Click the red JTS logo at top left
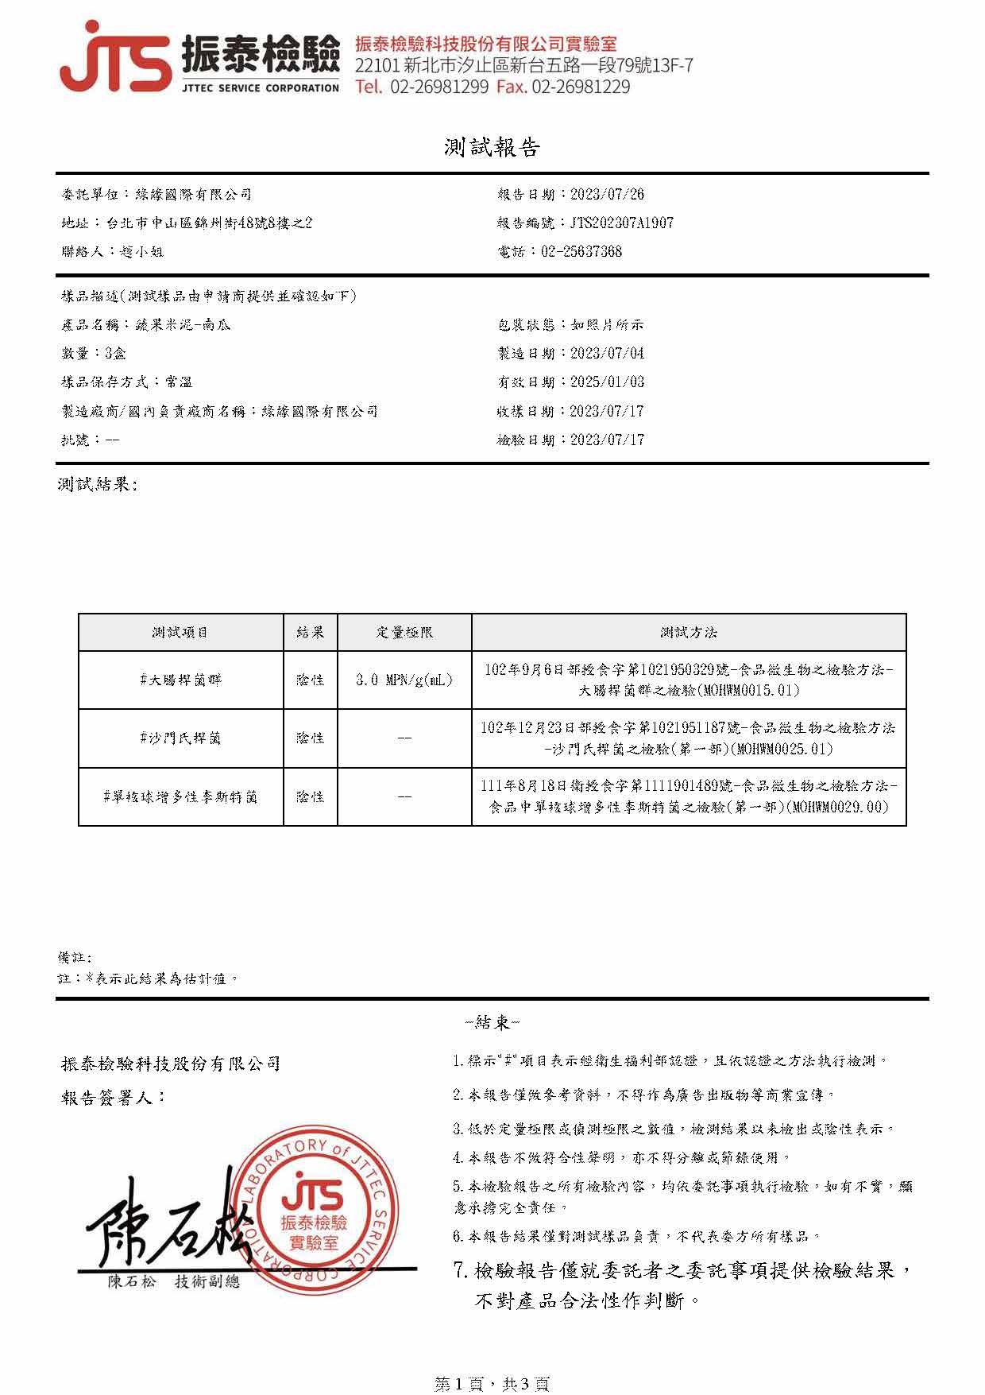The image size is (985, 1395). pyautogui.click(x=115, y=57)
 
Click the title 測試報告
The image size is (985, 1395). pyautogui.click(x=492, y=147)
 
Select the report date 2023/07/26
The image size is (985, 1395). pyautogui.click(x=607, y=194)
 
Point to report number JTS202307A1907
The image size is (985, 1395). pyautogui.click(x=621, y=223)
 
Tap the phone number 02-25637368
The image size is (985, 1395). pyautogui.click(x=581, y=251)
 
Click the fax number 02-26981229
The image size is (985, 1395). pyautogui.click(x=581, y=87)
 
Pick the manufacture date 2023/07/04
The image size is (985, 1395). pyautogui.click(x=607, y=353)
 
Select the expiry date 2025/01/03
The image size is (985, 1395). pyautogui.click(x=607, y=382)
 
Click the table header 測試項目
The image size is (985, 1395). pyautogui.click(x=180, y=632)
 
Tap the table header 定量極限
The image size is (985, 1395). pyautogui.click(x=404, y=632)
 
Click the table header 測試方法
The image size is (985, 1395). pyautogui.click(x=688, y=632)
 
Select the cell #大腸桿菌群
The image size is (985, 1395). pyautogui.click(x=180, y=680)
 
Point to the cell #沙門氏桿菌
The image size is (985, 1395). pyautogui.click(x=180, y=738)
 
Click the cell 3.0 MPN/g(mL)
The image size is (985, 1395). pyautogui.click(x=404, y=680)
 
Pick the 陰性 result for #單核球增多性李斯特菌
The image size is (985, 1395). pyautogui.click(x=310, y=796)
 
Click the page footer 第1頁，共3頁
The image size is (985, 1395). pyautogui.click(x=492, y=1384)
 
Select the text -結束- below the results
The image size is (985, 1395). pyautogui.click(x=492, y=1022)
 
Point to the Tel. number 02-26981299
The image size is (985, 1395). pyautogui.click(x=438, y=87)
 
